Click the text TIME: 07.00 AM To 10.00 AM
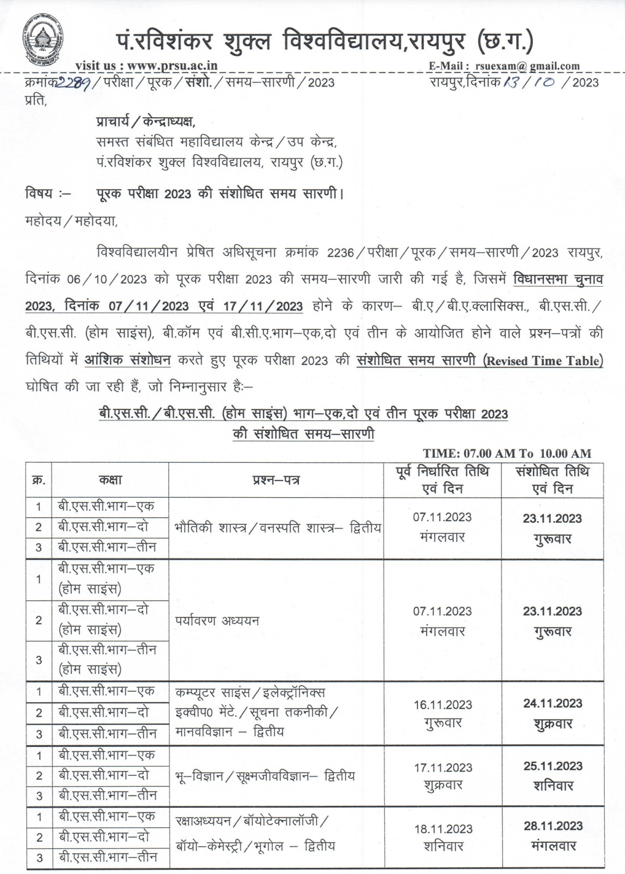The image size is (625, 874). [507, 454]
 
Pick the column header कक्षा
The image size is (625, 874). [112, 481]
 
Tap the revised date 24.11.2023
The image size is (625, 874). [553, 703]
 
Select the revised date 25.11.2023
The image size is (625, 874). [553, 766]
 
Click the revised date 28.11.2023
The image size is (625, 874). [553, 826]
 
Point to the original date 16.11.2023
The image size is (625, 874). [442, 705]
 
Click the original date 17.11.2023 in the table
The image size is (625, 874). [442, 767]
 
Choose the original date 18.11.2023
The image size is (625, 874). [442, 829]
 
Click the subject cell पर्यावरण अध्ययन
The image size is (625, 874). [217, 620]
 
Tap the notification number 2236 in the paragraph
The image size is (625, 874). [341, 253]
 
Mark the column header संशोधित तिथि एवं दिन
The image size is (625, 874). [553, 480]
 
